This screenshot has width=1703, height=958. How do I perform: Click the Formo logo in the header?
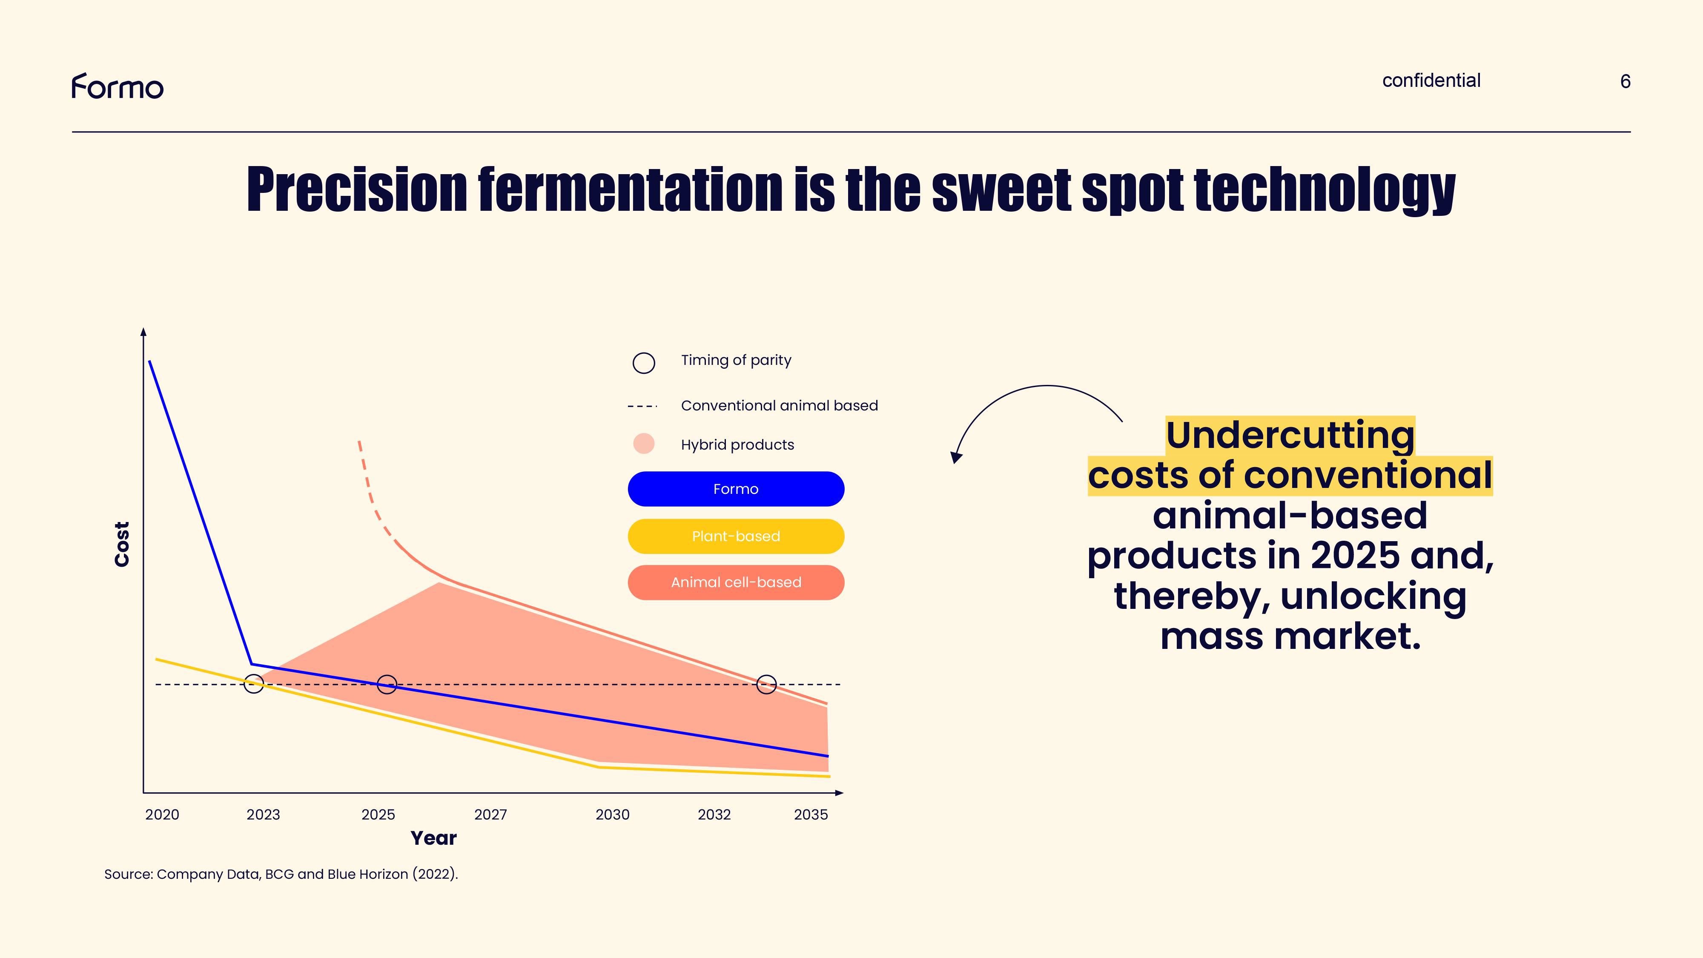coord(117,86)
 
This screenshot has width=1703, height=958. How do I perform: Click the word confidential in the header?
coord(1431,80)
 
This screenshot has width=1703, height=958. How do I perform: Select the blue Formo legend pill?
coord(735,489)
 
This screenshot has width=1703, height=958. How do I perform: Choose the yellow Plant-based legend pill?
coord(735,536)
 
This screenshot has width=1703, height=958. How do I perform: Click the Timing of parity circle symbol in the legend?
coord(643,363)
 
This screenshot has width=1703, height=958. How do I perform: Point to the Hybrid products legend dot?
coord(643,444)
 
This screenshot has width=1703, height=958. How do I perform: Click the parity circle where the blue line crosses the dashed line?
coord(387,684)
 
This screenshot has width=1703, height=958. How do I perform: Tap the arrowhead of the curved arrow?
coord(956,458)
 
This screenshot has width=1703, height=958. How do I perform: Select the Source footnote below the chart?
coord(281,874)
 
